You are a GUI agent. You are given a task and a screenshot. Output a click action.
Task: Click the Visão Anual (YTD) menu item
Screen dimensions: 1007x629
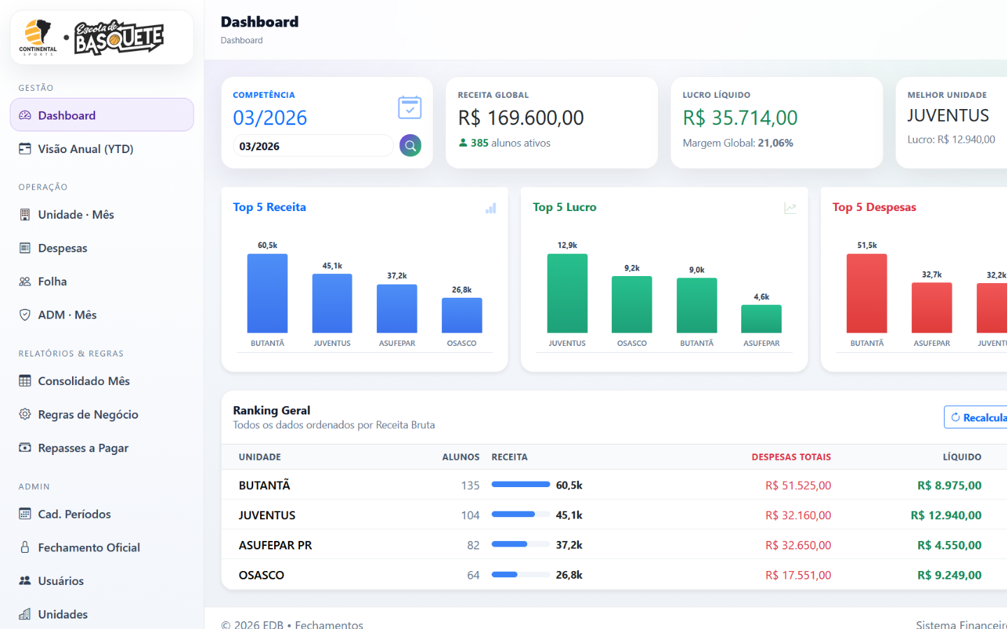click(76, 149)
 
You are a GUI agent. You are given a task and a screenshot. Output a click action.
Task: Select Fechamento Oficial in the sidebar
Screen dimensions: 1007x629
click(80, 547)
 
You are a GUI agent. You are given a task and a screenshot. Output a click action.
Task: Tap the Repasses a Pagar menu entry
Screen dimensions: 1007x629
click(73, 448)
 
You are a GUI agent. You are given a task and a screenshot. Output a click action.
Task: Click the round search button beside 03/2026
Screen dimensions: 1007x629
click(410, 145)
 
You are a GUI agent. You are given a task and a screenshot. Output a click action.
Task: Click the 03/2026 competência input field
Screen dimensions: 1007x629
click(313, 146)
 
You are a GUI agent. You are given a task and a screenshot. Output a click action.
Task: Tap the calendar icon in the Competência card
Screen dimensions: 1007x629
click(410, 108)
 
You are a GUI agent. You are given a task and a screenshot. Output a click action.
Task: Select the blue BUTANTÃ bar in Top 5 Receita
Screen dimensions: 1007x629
click(267, 294)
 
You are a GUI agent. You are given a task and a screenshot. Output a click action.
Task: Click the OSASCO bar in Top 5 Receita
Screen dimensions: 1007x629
click(462, 315)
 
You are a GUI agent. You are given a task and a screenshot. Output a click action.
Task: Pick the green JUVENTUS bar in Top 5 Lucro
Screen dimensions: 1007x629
click(567, 294)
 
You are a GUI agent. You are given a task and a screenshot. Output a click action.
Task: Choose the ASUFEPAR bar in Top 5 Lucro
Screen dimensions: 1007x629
click(761, 319)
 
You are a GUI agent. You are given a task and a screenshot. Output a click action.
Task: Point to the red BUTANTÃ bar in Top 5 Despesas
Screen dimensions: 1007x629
click(866, 294)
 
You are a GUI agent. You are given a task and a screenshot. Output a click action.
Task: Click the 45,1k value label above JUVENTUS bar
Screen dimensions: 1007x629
click(332, 266)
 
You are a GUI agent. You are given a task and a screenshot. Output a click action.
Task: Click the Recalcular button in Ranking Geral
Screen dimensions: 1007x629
click(976, 417)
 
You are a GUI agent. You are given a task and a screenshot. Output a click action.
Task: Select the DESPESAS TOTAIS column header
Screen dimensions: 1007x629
click(791, 457)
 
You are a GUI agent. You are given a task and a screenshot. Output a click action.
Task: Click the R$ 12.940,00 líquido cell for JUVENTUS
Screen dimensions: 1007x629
click(946, 515)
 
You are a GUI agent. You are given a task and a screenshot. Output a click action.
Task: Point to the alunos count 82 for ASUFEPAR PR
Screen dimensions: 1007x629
click(473, 545)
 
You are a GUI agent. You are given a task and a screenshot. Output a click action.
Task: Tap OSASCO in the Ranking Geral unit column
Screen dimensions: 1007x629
click(262, 575)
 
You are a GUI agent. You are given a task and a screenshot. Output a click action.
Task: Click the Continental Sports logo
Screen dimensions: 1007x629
click(38, 38)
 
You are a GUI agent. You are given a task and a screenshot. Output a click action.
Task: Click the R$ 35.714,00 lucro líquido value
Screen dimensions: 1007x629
click(740, 117)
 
